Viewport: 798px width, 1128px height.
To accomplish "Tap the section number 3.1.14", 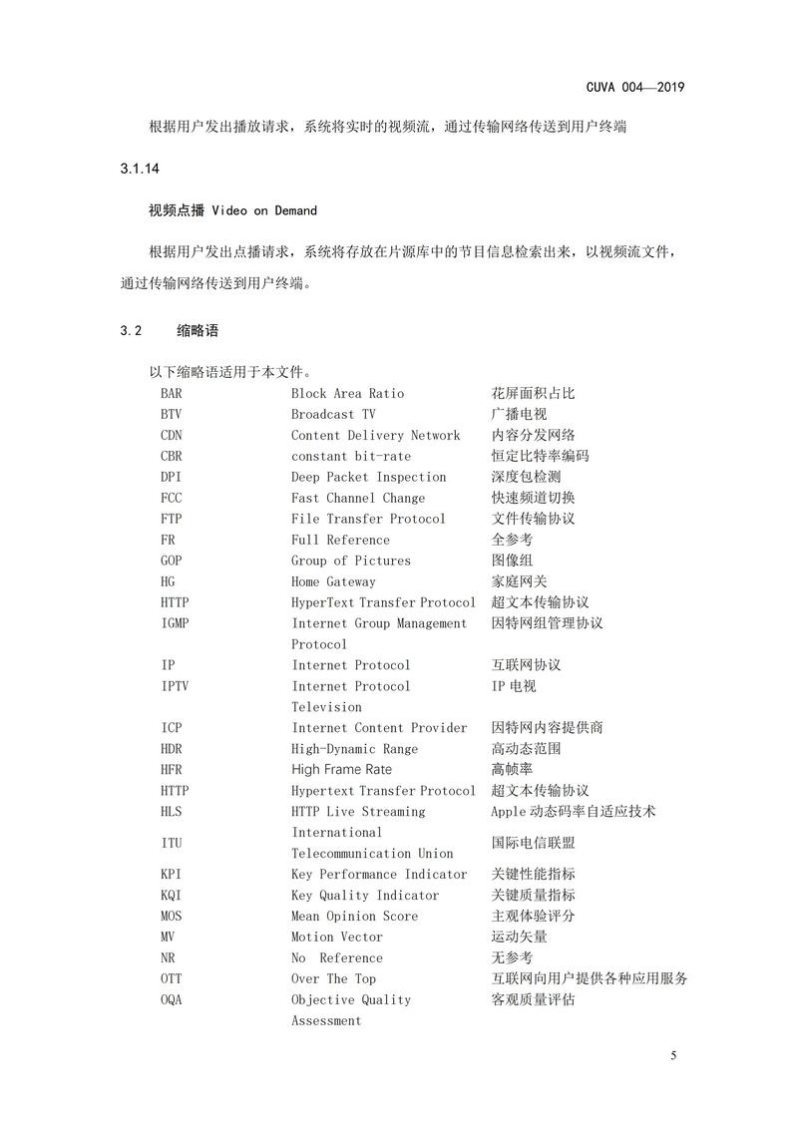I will coord(139,169).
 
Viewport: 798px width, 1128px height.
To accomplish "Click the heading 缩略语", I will coord(198,330).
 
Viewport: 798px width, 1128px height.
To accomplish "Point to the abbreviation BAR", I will coord(171,393).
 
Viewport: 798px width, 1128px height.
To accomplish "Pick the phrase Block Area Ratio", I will coord(347,393).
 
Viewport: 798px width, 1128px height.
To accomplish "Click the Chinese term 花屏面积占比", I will coord(533,393).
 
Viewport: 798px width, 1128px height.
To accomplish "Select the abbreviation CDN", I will coord(171,435).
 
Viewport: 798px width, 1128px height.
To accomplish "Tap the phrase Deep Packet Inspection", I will coord(368,477).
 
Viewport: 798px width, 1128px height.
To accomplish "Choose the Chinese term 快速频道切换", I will coord(533,498).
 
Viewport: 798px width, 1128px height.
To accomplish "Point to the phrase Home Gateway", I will coord(333,581).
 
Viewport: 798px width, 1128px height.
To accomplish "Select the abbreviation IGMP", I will coord(175,623).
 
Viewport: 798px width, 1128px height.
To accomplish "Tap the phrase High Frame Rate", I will coord(341,769).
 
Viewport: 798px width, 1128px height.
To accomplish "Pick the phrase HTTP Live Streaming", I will coord(357,811).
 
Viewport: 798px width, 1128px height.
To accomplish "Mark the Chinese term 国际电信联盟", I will coord(533,843).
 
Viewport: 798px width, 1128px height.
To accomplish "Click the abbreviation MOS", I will coord(171,916).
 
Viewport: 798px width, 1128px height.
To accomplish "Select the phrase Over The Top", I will coord(333,978).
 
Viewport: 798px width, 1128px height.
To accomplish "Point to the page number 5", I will coord(674,1056).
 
